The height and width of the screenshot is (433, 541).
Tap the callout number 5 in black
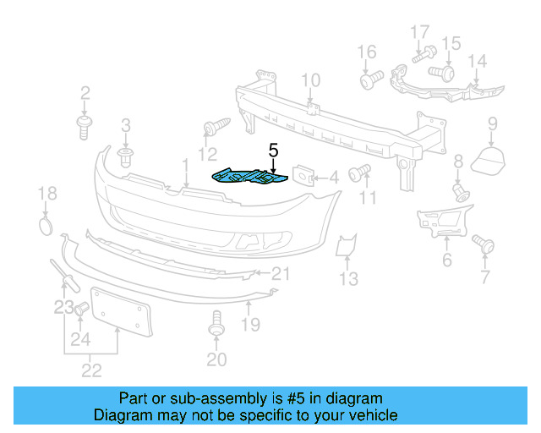(273, 151)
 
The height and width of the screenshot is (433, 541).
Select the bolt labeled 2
(85, 128)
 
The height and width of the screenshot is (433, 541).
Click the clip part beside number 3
(127, 157)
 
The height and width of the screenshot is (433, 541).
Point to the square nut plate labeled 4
(303, 176)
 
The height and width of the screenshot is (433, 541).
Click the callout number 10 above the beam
(311, 81)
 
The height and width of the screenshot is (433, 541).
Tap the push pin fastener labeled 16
(367, 81)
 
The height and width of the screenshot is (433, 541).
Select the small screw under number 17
(420, 57)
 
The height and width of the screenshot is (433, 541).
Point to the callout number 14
(478, 61)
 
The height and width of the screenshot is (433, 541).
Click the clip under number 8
(461, 190)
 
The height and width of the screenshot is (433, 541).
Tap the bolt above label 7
(485, 244)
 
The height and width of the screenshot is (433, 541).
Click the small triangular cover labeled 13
(346, 246)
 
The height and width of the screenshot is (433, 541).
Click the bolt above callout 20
(216, 324)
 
